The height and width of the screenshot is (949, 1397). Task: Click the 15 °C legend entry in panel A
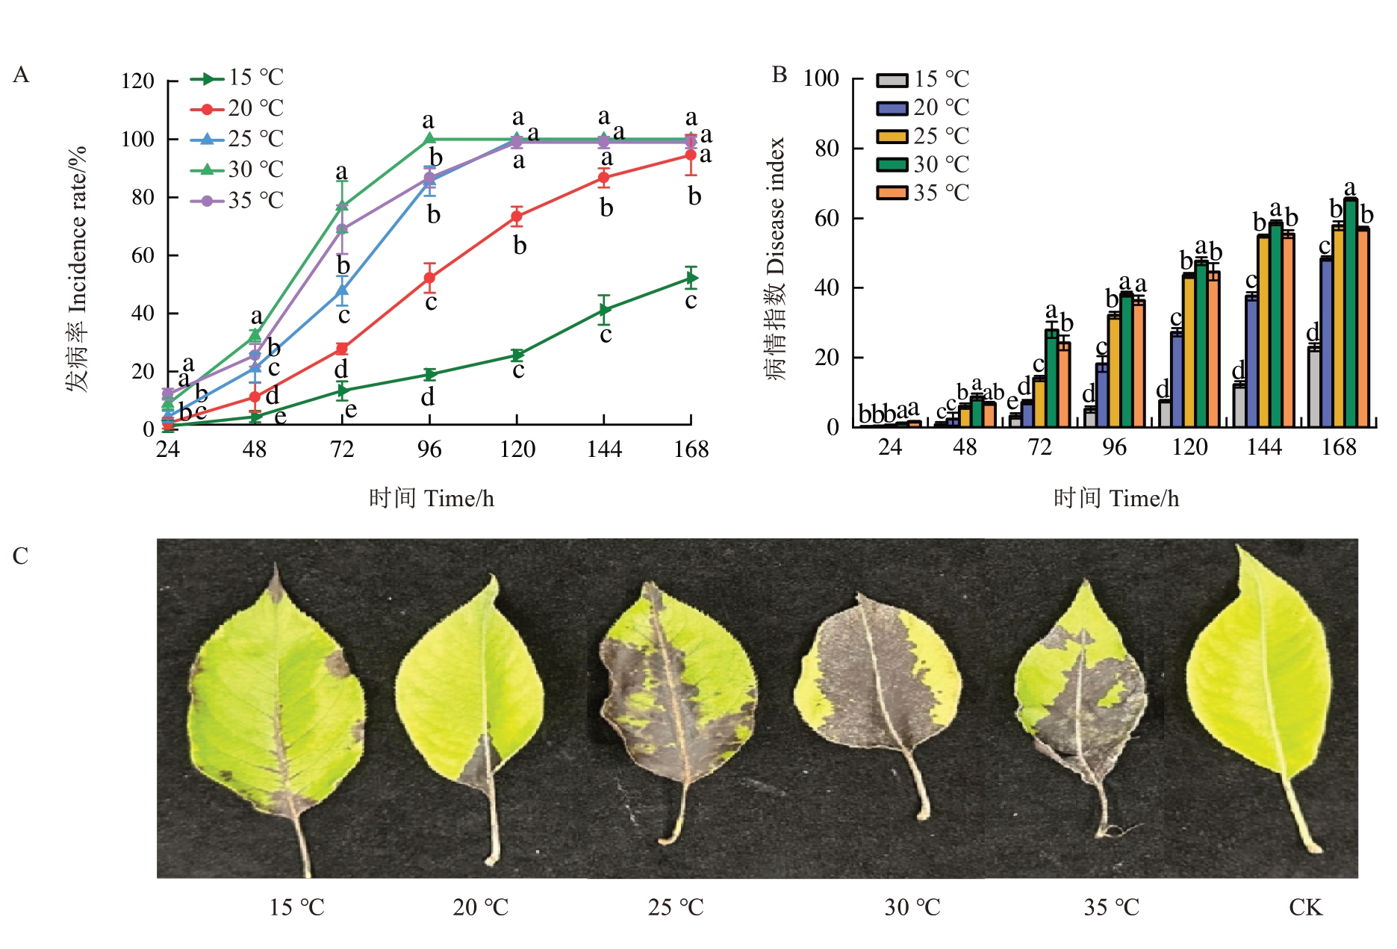tap(237, 78)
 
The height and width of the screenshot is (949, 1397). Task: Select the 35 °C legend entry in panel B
tap(923, 193)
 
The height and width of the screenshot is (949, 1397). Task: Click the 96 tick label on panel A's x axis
tap(429, 449)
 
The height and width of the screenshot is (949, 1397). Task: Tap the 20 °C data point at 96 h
tap(429, 278)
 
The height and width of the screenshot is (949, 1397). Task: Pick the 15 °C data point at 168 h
tap(691, 279)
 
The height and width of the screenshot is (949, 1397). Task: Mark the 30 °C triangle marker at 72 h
tap(342, 205)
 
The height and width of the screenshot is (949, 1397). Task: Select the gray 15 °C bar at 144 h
tap(1239, 405)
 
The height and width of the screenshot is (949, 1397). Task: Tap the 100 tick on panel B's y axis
tap(821, 78)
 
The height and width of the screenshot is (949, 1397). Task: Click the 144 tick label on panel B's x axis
tap(1264, 447)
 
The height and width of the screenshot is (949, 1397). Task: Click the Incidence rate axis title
tap(77, 269)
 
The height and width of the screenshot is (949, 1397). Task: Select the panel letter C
tap(20, 556)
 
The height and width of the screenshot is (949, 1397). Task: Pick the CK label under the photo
tap(1305, 907)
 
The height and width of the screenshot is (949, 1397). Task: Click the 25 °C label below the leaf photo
tap(676, 907)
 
